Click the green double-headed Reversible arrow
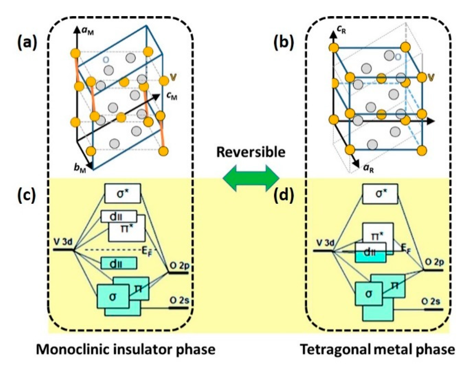click(x=251, y=178)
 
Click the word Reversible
click(x=251, y=152)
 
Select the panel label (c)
click(x=26, y=195)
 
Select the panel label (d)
click(x=284, y=195)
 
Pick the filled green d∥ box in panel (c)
click(x=119, y=263)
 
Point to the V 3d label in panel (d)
click(x=325, y=243)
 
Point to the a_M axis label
click(x=88, y=31)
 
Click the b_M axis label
click(x=80, y=168)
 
